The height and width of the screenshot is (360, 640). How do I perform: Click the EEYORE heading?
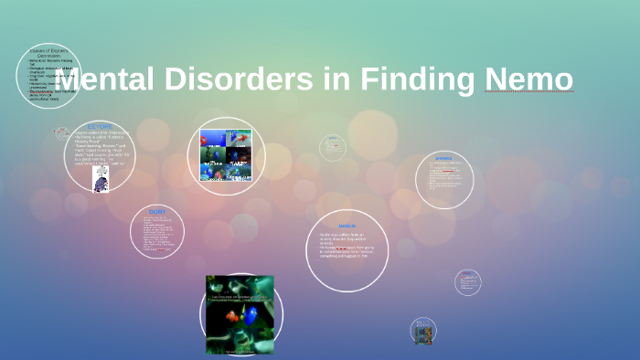coord(101,126)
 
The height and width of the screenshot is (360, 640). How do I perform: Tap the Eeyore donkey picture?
coord(101,178)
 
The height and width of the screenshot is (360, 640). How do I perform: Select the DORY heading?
coord(157,211)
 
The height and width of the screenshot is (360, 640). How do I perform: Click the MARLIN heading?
coord(347,225)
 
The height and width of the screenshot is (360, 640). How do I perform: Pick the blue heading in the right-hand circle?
coord(443,158)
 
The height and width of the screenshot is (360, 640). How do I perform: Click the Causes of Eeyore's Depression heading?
coord(48,52)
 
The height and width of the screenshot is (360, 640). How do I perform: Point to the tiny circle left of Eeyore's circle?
coord(62,133)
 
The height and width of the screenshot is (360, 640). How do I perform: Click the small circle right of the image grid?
coord(333,147)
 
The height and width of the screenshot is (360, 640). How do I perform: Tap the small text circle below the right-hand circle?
coord(467,282)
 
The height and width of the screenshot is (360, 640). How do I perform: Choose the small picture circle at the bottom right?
coord(423,330)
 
